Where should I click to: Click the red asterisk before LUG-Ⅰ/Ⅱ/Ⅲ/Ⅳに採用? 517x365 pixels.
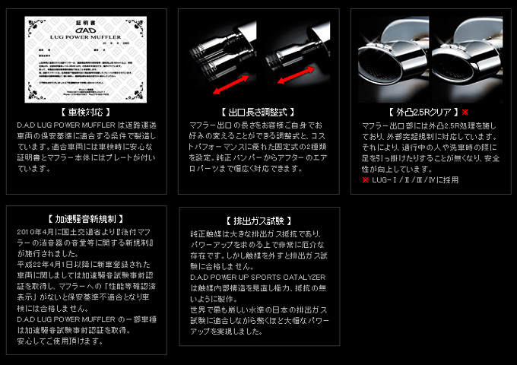point(365,180)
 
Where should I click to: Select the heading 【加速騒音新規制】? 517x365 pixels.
point(86,218)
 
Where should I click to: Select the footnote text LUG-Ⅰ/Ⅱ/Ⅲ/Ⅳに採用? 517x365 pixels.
point(415,180)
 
